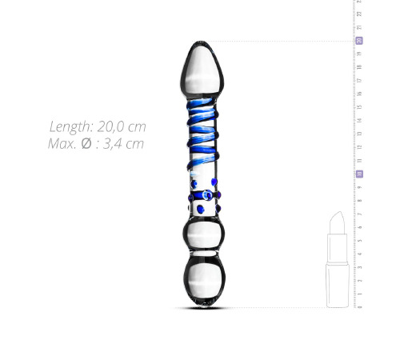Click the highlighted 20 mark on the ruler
point(359,40)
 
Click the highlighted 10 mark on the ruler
point(359,174)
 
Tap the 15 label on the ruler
point(359,106)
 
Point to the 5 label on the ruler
point(359,240)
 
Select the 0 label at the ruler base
point(359,306)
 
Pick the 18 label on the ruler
point(359,66)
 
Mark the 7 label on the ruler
point(359,214)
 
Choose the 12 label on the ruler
point(359,146)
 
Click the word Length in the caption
point(70,127)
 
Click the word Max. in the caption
point(62,144)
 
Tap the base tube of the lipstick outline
point(338,284)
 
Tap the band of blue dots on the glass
point(203,200)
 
